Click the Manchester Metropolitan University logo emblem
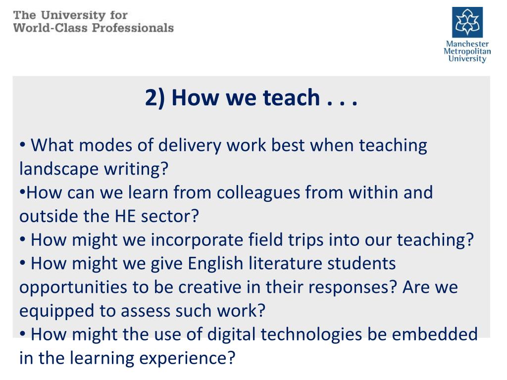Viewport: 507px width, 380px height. click(467, 22)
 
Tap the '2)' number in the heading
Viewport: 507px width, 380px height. click(155, 98)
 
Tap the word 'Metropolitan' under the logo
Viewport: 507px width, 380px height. click(467, 51)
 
